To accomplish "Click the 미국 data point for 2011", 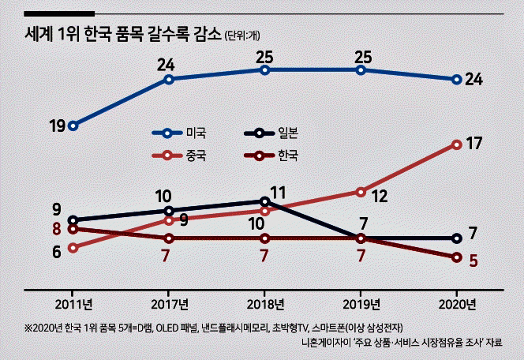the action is (x=73, y=126).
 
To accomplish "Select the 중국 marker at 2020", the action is (x=457, y=144).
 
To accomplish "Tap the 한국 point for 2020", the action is (x=457, y=257).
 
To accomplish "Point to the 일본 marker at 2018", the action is (x=264, y=201).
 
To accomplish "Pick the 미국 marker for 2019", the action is (x=361, y=70).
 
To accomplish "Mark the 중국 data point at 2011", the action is (x=73, y=248).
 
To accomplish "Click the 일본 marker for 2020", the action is (x=457, y=238).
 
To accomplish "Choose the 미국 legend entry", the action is (x=179, y=133).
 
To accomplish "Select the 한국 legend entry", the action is (x=271, y=156).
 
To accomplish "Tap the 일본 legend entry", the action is (x=271, y=133).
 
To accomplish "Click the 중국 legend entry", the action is (x=179, y=156).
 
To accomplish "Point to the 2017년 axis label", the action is (x=169, y=305).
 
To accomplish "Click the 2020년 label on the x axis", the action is (x=457, y=305).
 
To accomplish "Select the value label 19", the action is (x=57, y=126).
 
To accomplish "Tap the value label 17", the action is (x=473, y=144).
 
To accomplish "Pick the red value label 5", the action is (x=473, y=261).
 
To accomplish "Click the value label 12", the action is (x=380, y=197).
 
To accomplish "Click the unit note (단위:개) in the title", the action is (x=242, y=36).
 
